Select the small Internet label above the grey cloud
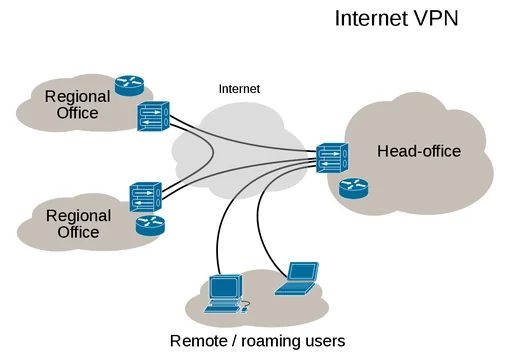(239, 89)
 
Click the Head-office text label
(418, 151)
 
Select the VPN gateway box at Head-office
(331, 159)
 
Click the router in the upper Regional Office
(129, 85)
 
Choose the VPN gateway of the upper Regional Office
(153, 116)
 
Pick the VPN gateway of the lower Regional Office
(146, 195)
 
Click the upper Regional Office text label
(72, 105)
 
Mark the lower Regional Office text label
(78, 223)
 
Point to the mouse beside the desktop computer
(246, 307)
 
